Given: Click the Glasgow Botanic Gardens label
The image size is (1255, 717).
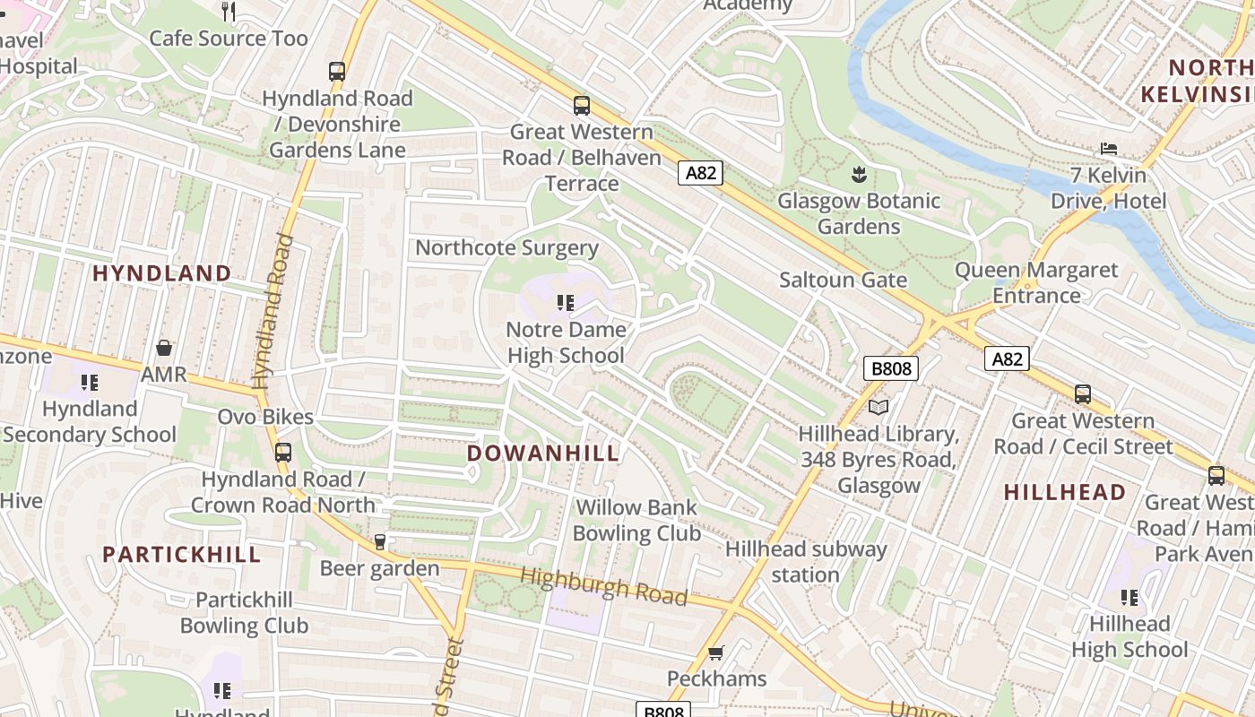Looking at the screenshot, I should tap(858, 213).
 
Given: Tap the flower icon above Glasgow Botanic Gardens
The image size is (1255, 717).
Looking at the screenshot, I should tap(859, 173).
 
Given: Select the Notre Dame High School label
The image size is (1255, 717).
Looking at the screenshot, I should tap(566, 342).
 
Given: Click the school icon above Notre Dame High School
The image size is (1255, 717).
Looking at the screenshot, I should tap(565, 303).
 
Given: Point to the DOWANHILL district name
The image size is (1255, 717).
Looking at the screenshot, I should tap(543, 454).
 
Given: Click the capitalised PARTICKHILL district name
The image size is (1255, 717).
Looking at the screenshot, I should tap(181, 555).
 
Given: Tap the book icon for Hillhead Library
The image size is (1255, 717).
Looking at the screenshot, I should tap(878, 408).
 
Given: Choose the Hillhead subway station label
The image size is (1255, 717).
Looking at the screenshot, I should tap(805, 561).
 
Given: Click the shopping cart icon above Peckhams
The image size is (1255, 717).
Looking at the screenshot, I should tap(715, 652).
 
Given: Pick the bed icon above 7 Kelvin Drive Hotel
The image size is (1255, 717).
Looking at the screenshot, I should tap(1109, 149).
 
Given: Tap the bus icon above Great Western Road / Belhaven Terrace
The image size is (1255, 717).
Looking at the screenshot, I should tap(582, 106).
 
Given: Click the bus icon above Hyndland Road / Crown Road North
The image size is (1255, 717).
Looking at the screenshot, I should tap(283, 453).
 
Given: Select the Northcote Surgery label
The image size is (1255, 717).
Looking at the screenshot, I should tap(506, 248).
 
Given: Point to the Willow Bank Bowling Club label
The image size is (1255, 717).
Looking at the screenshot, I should tap(636, 520).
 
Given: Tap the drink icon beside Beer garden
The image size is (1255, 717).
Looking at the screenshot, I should tap(380, 542).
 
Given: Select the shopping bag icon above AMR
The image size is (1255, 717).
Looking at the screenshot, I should tap(164, 348).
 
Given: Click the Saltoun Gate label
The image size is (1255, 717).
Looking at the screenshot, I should tap(843, 280).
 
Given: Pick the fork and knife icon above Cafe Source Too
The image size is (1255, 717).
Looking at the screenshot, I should tap(229, 11).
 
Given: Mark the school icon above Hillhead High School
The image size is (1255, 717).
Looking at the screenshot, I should tap(1129, 597).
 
